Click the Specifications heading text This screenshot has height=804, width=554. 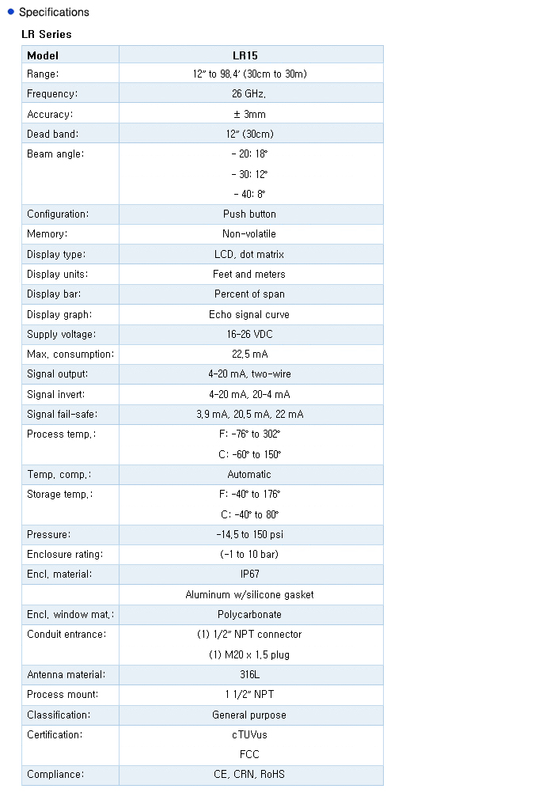(54, 12)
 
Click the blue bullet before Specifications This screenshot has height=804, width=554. (11, 11)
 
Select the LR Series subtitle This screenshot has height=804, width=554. (46, 34)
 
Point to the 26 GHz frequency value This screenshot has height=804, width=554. (249, 94)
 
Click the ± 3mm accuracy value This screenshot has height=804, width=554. (249, 115)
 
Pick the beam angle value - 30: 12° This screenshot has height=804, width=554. (249, 174)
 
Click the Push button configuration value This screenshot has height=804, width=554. (249, 214)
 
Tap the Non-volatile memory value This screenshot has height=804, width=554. (249, 234)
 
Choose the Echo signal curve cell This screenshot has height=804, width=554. (249, 315)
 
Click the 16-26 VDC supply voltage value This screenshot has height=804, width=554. (249, 335)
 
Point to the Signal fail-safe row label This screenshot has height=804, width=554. (63, 415)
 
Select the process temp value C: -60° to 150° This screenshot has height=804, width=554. (250, 455)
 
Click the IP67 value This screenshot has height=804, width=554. (249, 575)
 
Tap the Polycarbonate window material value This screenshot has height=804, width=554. (249, 615)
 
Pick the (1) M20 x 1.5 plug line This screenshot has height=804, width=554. (249, 655)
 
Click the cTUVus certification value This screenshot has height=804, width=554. (249, 735)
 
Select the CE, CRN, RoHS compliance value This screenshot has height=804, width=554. (249, 775)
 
